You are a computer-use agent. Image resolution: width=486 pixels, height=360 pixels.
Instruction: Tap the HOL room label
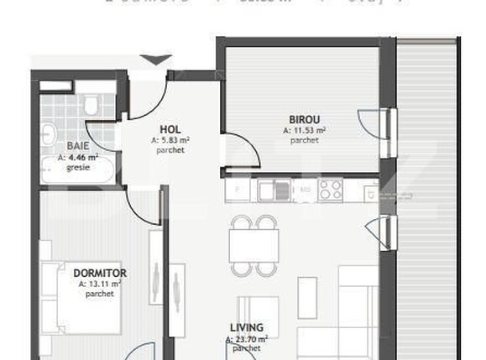(170, 129)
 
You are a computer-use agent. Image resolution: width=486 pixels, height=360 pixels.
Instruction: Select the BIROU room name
(304, 120)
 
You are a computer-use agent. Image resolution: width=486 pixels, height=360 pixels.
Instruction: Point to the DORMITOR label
(100, 274)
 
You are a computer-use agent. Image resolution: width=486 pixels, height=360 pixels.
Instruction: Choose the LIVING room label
(247, 328)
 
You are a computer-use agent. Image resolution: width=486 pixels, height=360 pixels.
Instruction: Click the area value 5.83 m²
(170, 140)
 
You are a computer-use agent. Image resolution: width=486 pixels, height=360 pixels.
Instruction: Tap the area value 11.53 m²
(304, 131)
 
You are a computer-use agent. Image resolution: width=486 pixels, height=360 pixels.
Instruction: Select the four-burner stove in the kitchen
(330, 190)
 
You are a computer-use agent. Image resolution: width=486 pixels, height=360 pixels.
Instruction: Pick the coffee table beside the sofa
(305, 296)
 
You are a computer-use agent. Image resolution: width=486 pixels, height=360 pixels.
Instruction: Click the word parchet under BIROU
(304, 141)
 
